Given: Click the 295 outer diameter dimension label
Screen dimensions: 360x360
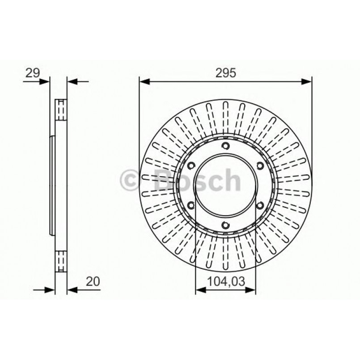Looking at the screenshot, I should pyautogui.click(x=225, y=73).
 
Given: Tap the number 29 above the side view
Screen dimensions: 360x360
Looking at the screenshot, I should pyautogui.click(x=32, y=72).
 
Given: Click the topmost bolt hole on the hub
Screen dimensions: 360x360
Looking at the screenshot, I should pyautogui.click(x=225, y=145).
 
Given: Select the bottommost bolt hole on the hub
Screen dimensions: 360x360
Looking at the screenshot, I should pyautogui.click(x=225, y=225).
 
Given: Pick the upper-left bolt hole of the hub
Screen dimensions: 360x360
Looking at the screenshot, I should pyautogui.click(x=191, y=166).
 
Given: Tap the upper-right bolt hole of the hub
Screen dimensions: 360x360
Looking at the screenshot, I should pyautogui.click(x=260, y=166).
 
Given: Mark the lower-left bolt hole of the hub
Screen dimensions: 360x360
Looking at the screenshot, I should pyautogui.click(x=191, y=205).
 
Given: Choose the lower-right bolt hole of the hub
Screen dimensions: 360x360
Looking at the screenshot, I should pyautogui.click(x=260, y=205).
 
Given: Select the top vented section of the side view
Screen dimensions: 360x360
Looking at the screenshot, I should pyautogui.click(x=60, y=109).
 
